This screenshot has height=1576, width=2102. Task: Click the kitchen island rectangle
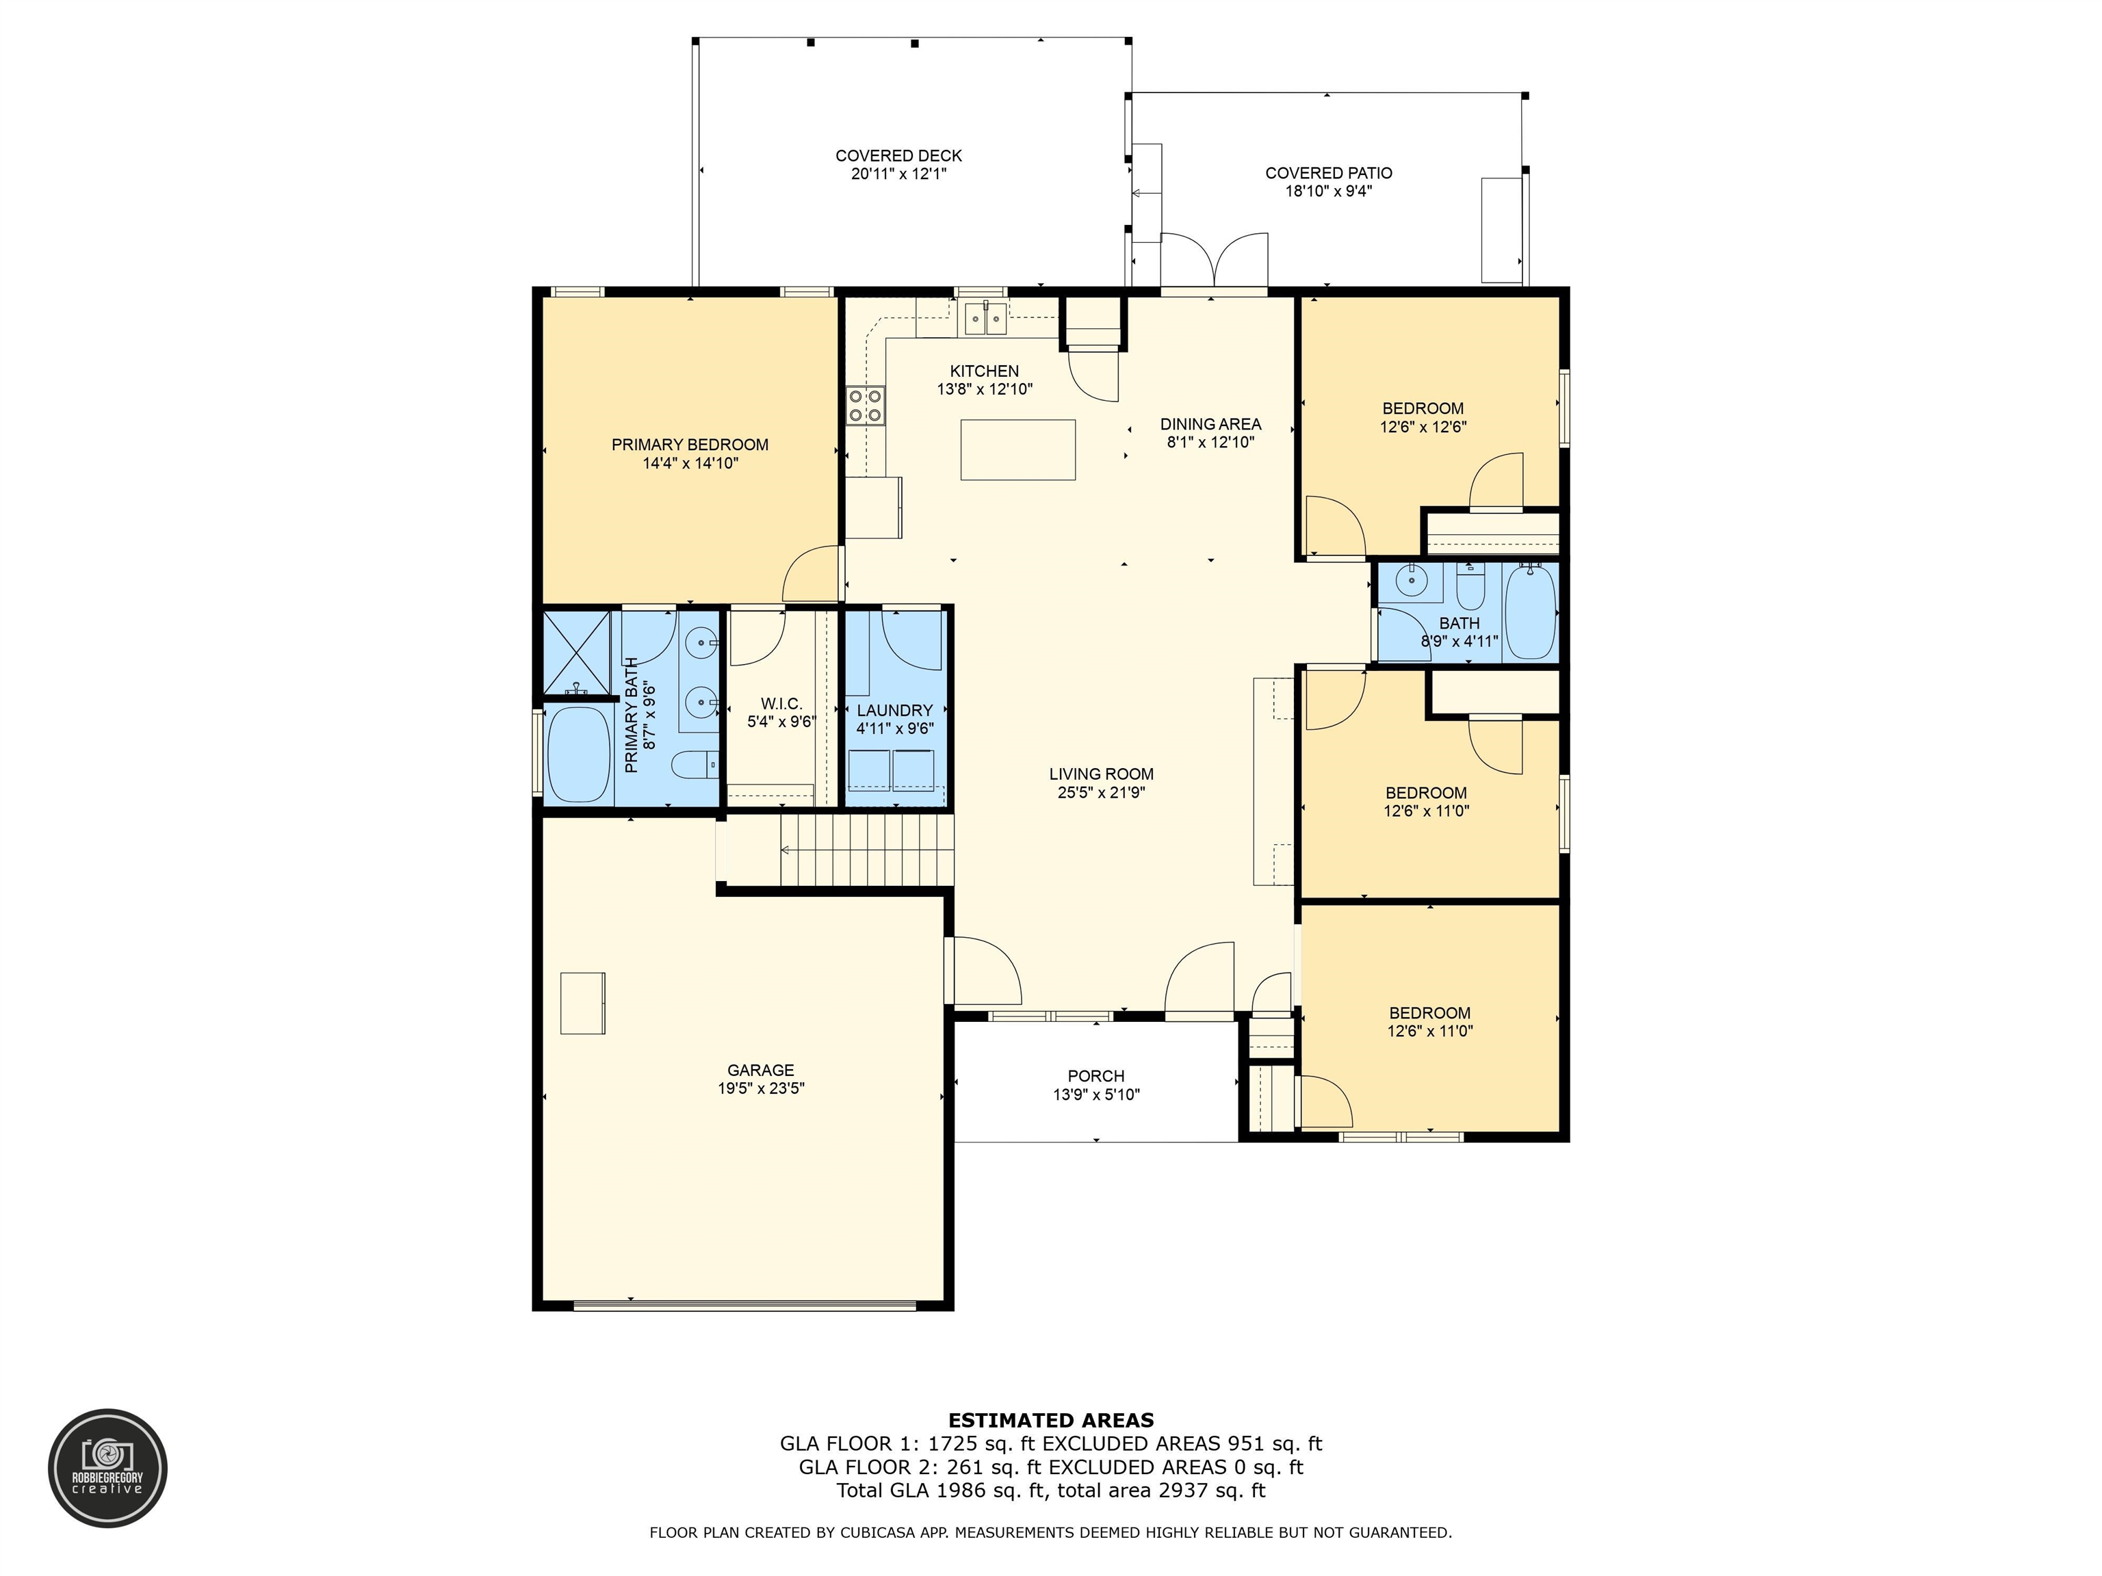(1017, 449)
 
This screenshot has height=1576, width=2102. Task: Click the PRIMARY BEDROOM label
(690, 445)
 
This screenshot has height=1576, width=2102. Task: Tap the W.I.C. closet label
(781, 704)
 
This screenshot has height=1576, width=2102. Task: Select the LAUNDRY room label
(894, 711)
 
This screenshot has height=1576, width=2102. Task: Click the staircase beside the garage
(867, 850)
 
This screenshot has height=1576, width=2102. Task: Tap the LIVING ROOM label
(1102, 774)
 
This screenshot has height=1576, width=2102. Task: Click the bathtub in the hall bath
(1531, 611)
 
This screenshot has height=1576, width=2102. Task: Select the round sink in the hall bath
(1413, 579)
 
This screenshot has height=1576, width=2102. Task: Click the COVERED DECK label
(899, 156)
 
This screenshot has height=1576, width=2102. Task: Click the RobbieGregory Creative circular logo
(108, 1469)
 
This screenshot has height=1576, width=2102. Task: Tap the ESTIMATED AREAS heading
(1051, 1420)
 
